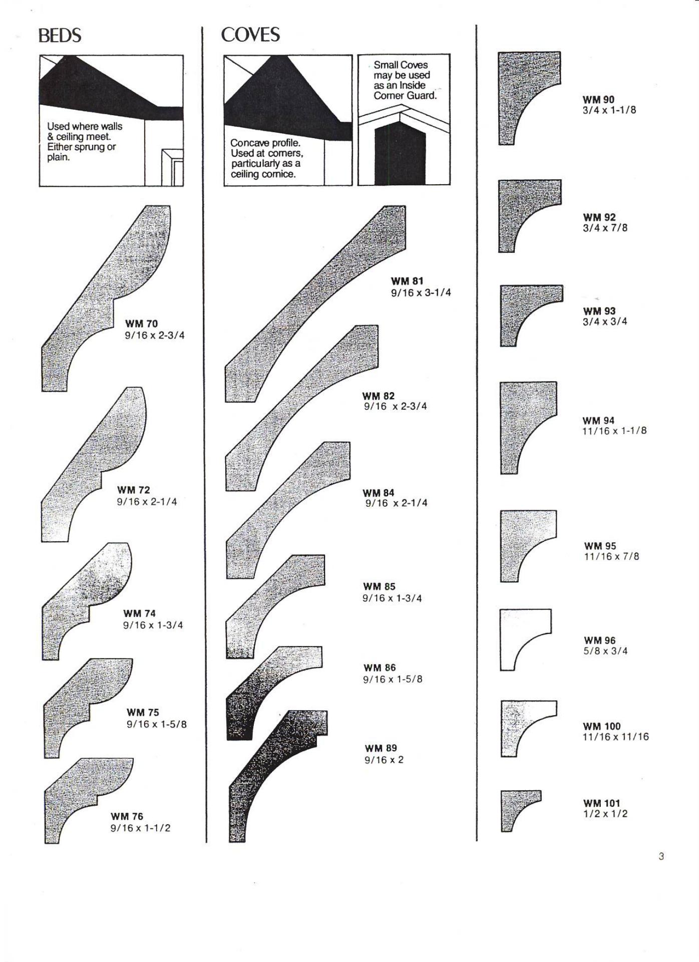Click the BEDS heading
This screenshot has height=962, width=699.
click(60, 36)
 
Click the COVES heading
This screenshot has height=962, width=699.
click(250, 35)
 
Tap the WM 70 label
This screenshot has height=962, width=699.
click(141, 324)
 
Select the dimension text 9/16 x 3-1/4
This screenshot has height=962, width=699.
click(421, 292)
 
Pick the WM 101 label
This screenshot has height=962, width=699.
click(601, 803)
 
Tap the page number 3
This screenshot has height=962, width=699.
click(661, 856)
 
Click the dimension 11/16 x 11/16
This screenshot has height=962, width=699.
click(615, 737)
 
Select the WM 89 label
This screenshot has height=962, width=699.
click(381, 748)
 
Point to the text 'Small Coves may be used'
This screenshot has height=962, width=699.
click(401, 70)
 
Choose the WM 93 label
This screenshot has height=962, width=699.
click(599, 311)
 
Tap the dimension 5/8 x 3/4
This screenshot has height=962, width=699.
click(605, 651)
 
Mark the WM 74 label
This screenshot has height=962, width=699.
click(139, 613)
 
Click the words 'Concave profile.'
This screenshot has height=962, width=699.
click(265, 143)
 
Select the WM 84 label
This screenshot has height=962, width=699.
click(379, 493)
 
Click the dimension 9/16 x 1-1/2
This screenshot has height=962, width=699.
click(140, 828)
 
